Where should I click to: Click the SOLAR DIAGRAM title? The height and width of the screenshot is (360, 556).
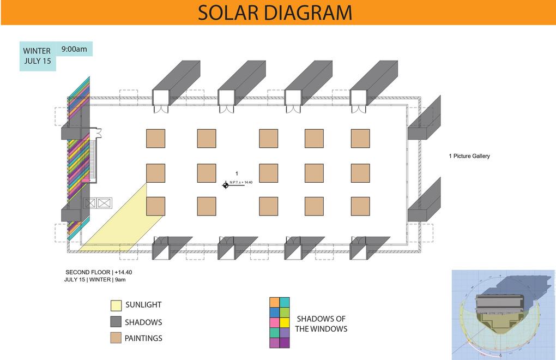tap(275, 13)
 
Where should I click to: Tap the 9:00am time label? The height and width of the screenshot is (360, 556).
tap(74, 49)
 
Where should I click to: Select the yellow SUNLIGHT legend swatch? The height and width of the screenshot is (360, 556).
tap(116, 305)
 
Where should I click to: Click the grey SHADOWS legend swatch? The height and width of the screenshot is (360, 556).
tap(116, 322)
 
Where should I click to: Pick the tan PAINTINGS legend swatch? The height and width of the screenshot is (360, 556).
tap(116, 338)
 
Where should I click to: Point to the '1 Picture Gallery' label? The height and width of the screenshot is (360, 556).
tap(469, 156)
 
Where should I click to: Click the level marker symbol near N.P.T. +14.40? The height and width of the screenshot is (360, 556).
tap(226, 185)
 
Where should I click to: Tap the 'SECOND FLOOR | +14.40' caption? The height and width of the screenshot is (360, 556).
tap(99, 272)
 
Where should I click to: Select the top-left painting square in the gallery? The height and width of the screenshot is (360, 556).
tap(155, 139)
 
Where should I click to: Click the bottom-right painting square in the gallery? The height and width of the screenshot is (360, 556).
tap(360, 206)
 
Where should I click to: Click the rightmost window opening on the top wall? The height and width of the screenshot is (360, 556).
tap(359, 98)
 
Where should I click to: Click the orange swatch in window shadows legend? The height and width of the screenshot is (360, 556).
tap(274, 302)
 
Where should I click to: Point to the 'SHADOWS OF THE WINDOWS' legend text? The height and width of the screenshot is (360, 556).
tap(321, 323)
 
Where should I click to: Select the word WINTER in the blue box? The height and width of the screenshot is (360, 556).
tap(37, 51)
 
